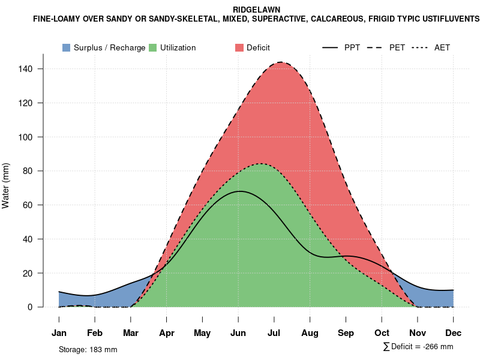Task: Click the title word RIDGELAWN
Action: tap(256, 10)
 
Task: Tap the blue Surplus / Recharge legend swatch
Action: tap(67, 47)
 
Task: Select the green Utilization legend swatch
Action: tap(153, 47)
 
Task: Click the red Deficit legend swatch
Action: tap(239, 47)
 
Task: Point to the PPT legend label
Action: tap(352, 47)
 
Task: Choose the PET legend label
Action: tap(397, 47)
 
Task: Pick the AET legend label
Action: tap(442, 47)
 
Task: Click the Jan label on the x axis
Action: tap(59, 333)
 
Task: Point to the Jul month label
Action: tap(274, 333)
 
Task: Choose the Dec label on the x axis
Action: tap(454, 333)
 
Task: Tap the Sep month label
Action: tap(346, 333)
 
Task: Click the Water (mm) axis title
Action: tap(6, 186)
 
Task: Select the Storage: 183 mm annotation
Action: tap(88, 349)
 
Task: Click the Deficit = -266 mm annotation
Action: tap(421, 347)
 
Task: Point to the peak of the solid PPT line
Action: tap(240, 191)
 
